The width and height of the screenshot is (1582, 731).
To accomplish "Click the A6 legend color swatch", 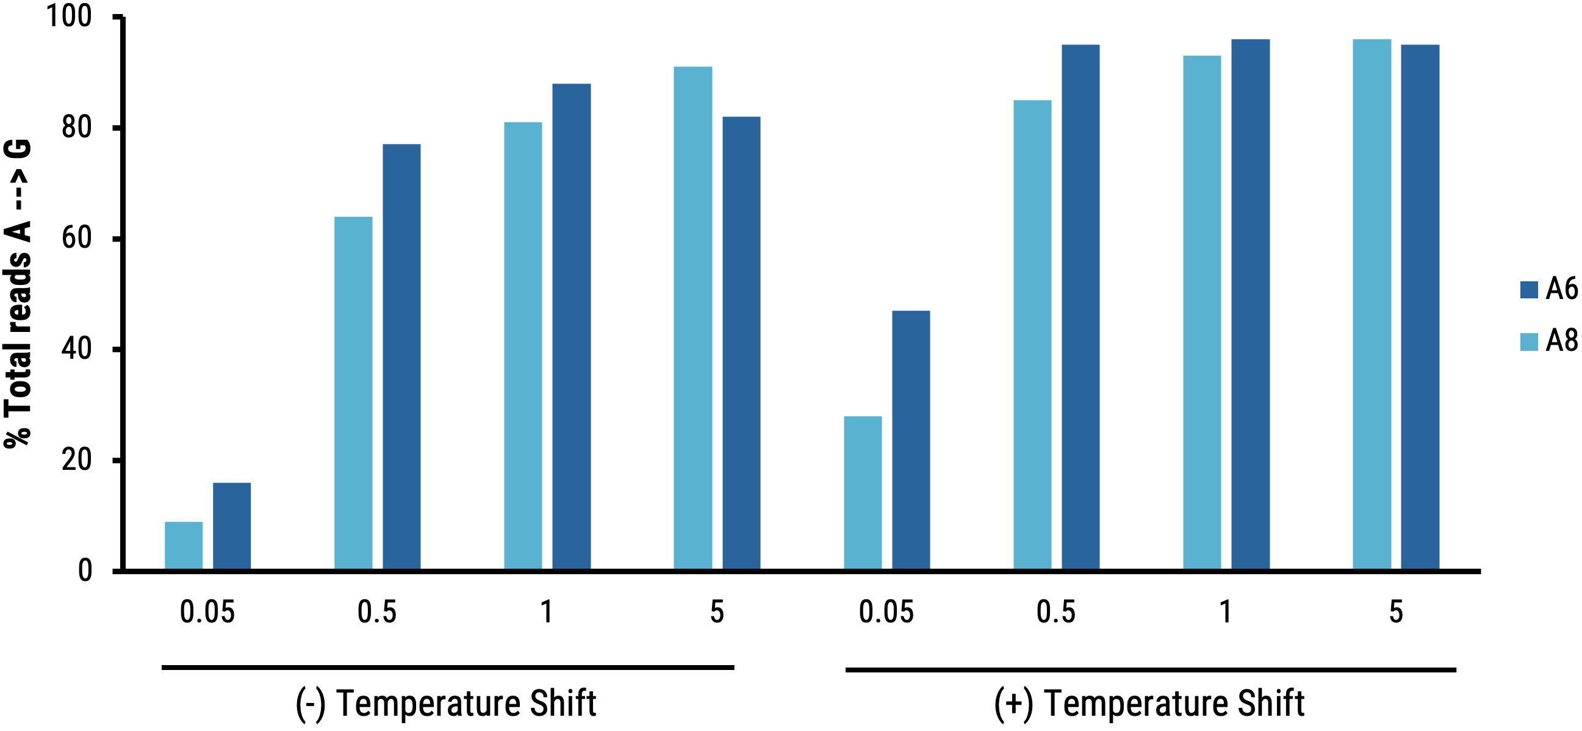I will point(1528,289).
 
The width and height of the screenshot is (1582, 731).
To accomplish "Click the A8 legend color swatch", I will point(1528,342).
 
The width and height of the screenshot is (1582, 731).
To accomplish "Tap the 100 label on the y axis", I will point(69,16).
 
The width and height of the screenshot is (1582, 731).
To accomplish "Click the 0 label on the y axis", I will point(85,571).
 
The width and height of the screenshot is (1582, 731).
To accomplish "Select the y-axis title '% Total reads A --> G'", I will point(17,293).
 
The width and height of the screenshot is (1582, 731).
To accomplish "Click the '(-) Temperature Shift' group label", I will point(446,704).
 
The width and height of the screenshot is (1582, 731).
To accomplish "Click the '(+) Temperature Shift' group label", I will point(1149,704).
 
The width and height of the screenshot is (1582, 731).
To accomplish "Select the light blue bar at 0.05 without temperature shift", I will point(184,546).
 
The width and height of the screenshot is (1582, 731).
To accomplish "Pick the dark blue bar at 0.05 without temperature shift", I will point(231,526).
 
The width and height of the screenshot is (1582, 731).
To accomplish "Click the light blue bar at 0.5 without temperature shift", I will point(353,393).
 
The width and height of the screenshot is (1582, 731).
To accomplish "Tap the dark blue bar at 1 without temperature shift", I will point(571,326).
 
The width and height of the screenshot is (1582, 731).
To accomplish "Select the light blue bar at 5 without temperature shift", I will point(692,317).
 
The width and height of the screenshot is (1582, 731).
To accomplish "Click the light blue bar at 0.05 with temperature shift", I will point(862,492).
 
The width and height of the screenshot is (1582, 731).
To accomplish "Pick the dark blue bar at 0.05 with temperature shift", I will point(911,440).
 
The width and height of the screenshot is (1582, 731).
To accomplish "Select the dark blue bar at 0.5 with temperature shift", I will point(1080,307).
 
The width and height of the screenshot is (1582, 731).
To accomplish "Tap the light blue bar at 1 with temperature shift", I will point(1202,312).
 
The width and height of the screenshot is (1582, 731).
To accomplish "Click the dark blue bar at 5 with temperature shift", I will point(1420,307).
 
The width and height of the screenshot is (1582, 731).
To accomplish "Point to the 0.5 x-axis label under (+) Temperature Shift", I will point(1055,612).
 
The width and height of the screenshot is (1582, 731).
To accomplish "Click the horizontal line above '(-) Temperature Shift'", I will point(448,667).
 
